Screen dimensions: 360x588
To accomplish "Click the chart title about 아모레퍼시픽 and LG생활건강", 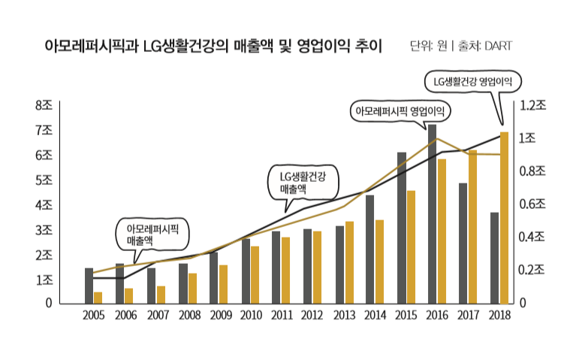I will (213, 47).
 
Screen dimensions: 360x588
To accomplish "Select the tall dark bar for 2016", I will (432, 214).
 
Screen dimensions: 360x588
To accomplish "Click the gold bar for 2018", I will (504, 218).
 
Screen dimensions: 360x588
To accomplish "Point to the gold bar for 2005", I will (98, 298).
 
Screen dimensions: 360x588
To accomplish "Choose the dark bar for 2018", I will (494, 258).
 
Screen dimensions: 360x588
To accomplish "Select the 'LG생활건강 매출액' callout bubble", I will (304, 181).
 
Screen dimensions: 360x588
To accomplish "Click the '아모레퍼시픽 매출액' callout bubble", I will (152, 234).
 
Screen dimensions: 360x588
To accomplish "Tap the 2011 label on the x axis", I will (281, 316).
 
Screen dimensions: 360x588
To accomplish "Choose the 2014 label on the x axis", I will (375, 316).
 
